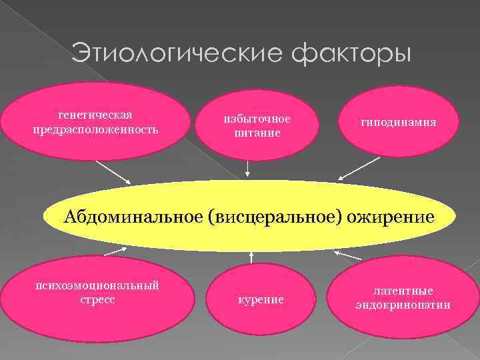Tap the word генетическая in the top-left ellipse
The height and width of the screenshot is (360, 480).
pyautogui.click(x=95, y=115)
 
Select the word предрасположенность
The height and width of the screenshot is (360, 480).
pyautogui.click(x=95, y=128)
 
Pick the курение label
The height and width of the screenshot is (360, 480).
pyautogui.click(x=261, y=300)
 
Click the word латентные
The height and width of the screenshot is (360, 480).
pyautogui.click(x=403, y=292)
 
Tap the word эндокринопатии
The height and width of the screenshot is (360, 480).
pyautogui.click(x=403, y=305)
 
